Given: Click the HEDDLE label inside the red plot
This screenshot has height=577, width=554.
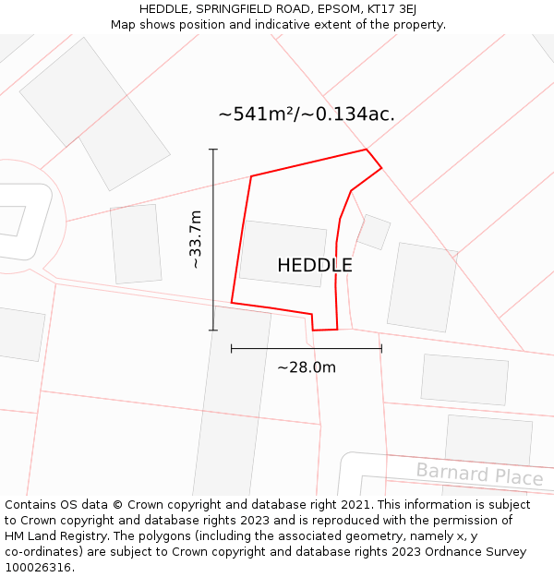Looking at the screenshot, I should tap(314, 265).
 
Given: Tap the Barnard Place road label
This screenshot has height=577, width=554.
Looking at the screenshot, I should tap(478, 475).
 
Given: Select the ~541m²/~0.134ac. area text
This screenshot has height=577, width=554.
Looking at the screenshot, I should tap(307, 114).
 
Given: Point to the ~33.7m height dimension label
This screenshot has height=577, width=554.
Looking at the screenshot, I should tap(195, 239).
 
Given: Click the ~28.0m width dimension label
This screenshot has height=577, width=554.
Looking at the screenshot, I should tap(307, 367).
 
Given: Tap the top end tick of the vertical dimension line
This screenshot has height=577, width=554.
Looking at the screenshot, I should tap(213, 150).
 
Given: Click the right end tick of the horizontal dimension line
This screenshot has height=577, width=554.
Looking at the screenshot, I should tap(381, 349).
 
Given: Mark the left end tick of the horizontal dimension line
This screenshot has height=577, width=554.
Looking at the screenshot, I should tap(232, 349).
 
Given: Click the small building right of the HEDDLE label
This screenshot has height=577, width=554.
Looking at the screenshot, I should tap(374, 232).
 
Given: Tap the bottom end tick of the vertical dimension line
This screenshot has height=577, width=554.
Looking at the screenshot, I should tap(213, 330).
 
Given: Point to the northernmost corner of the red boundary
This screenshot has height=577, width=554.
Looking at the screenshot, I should tap(367, 150).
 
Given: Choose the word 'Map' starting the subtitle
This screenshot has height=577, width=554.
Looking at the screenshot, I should tap(123, 25).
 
